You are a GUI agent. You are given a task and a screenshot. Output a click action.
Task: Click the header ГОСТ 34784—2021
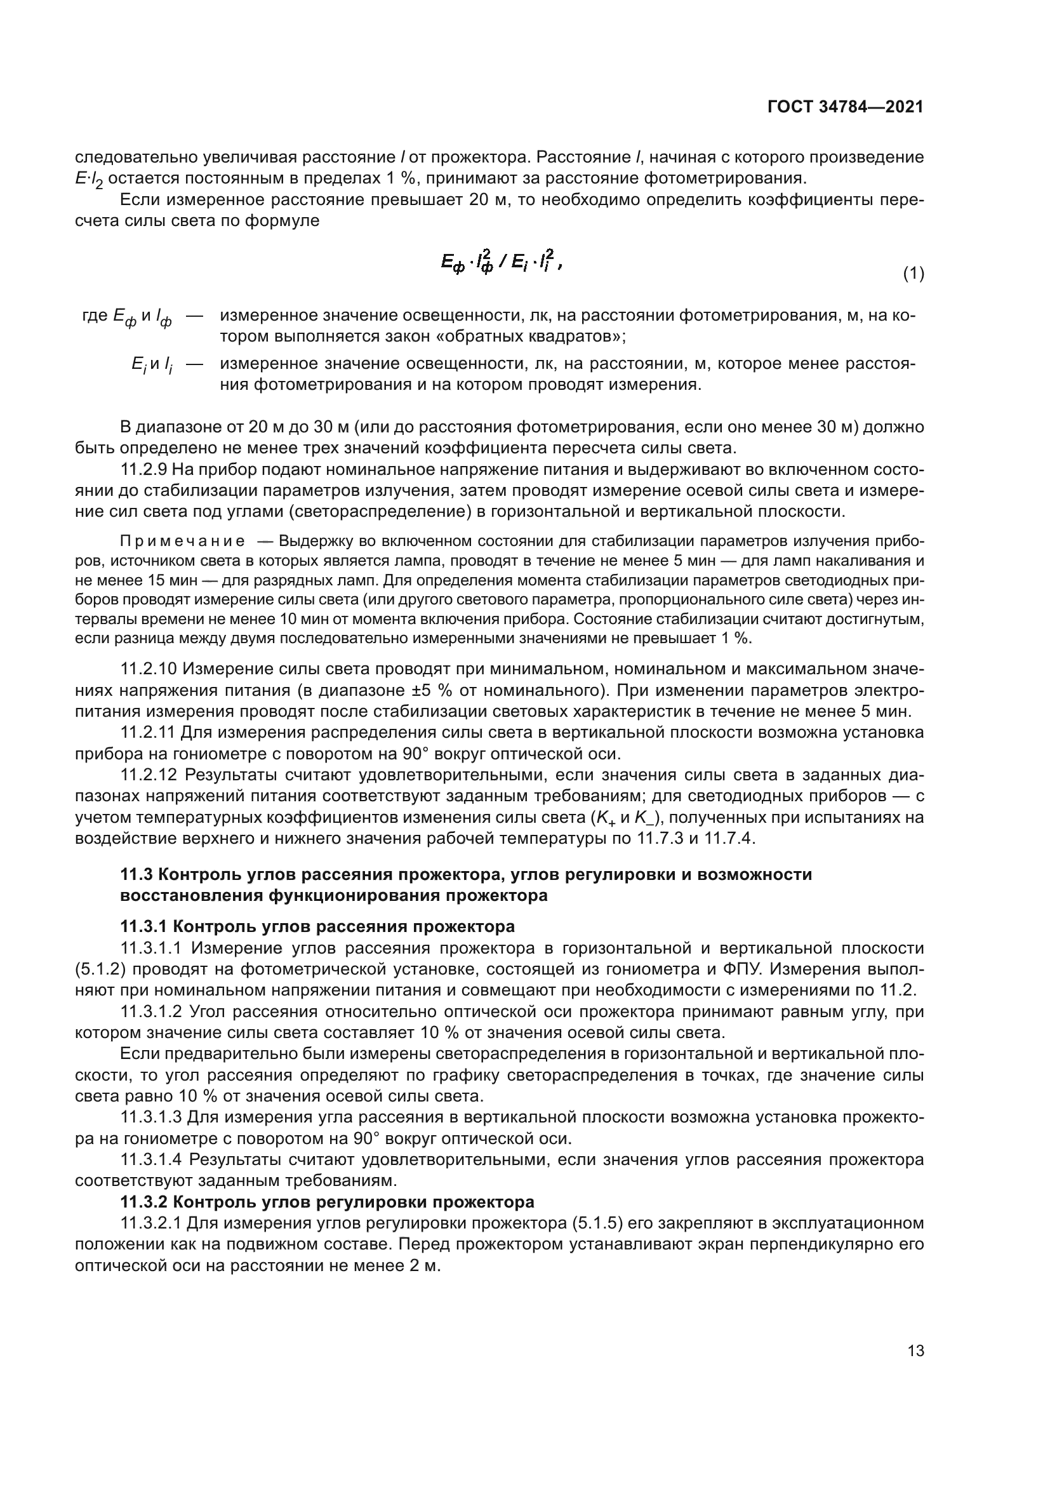tap(845, 107)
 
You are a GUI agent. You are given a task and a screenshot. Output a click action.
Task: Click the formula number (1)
tap(913, 274)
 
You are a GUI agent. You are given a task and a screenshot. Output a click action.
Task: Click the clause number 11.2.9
tap(145, 470)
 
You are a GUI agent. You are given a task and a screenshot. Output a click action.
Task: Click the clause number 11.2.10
tap(149, 668)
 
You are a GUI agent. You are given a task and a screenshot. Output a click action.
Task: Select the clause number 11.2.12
tap(149, 775)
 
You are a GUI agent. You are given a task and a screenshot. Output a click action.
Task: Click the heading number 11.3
tap(136, 875)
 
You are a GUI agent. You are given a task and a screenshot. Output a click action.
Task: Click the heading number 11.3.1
tap(144, 927)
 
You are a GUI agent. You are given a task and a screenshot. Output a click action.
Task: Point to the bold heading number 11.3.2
tap(144, 1202)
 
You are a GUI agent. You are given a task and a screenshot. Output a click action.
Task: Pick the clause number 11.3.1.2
tap(152, 1011)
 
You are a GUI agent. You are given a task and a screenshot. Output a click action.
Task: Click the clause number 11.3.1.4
tap(152, 1160)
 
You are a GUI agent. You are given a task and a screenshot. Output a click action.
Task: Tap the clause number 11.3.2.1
tap(152, 1223)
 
